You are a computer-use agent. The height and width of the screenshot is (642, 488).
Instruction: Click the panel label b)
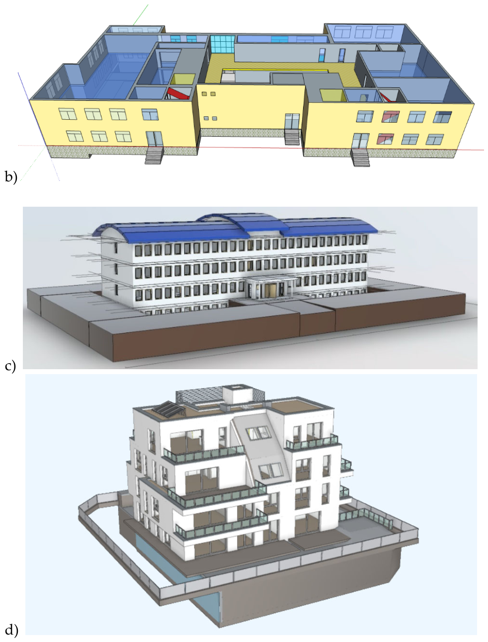click(x=11, y=177)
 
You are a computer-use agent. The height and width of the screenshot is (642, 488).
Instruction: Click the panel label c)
click(x=10, y=366)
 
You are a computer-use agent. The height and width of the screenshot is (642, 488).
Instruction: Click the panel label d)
click(x=11, y=629)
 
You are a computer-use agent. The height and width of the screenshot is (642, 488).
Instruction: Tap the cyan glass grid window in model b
click(x=222, y=44)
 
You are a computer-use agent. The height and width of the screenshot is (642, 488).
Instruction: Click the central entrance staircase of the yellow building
click(x=292, y=137)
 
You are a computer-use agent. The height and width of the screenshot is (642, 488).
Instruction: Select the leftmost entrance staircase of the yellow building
click(x=154, y=156)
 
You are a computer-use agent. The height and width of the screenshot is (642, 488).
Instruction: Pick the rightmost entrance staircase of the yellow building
click(x=360, y=158)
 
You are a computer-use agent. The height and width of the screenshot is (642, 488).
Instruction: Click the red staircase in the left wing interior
click(x=177, y=93)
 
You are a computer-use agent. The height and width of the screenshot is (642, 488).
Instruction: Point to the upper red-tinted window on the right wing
click(x=391, y=116)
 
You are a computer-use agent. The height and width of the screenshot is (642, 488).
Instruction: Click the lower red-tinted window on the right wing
click(x=385, y=139)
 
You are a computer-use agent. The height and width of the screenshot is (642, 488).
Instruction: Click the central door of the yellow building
click(x=292, y=121)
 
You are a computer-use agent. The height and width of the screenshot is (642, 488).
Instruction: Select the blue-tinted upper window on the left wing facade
click(x=150, y=114)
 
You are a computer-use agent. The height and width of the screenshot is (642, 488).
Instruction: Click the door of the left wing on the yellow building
click(x=155, y=139)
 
